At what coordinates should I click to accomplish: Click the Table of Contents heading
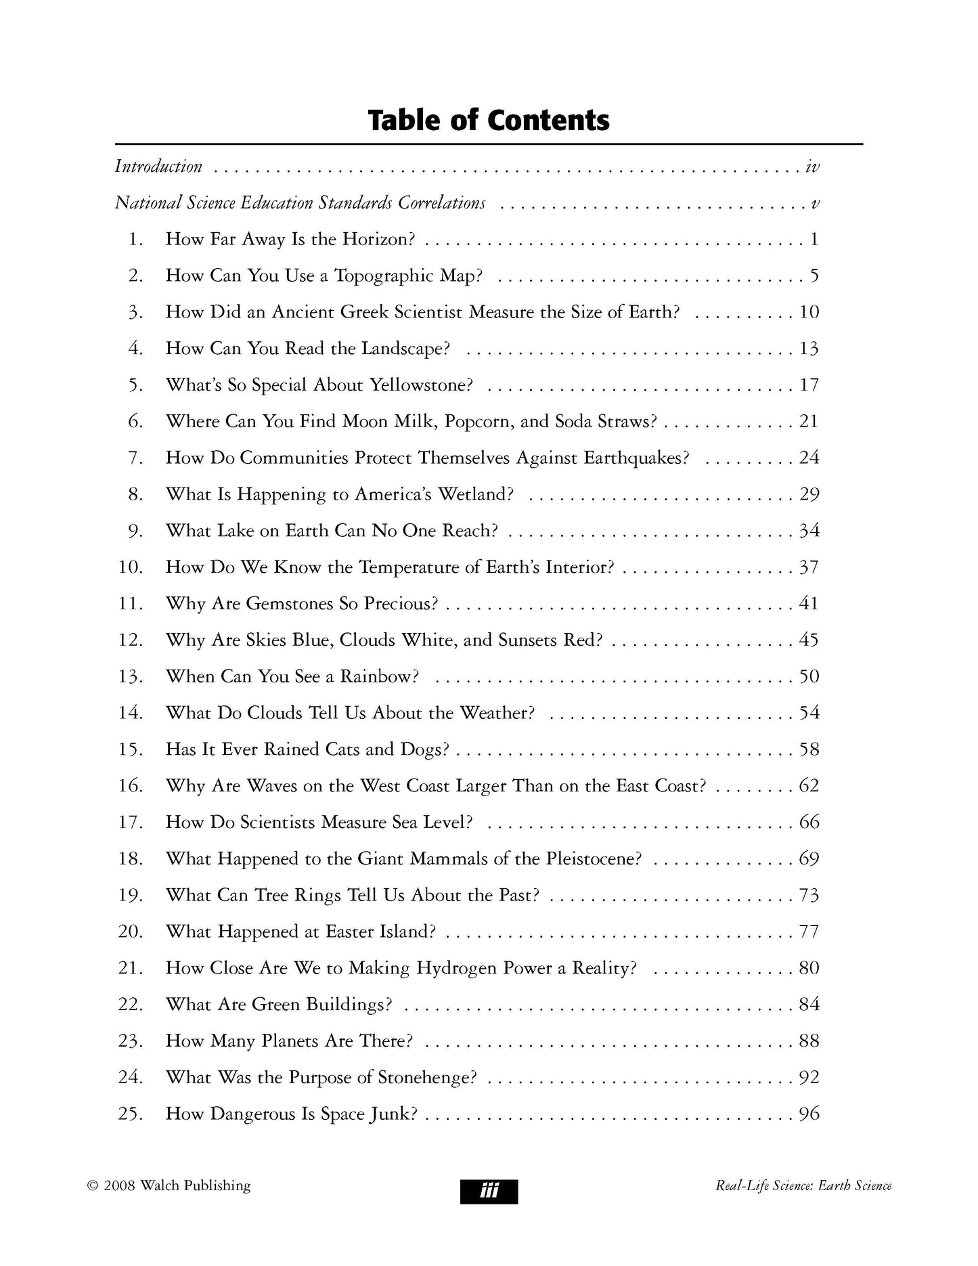[x=489, y=120]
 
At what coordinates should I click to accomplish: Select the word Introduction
[x=158, y=167]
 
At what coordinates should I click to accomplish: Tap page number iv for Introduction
[x=812, y=167]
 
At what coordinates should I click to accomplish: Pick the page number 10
[x=809, y=312]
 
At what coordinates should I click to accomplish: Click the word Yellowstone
[x=421, y=385]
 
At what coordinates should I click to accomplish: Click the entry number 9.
[x=135, y=531]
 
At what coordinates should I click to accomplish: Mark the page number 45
[x=809, y=640]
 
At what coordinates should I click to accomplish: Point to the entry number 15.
[x=131, y=750]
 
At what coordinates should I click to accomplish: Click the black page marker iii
[x=489, y=1192]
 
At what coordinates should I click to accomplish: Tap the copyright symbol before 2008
[x=93, y=1186]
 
